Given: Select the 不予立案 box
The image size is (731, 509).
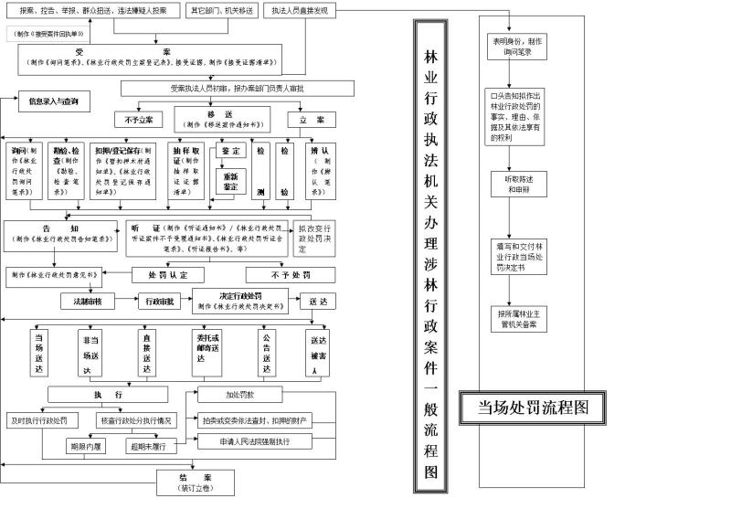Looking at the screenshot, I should point(139,120).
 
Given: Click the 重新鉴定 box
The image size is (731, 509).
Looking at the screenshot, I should point(230,180).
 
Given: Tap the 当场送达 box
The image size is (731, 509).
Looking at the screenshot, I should point(38,352).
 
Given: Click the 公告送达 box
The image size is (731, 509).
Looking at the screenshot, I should point(267,352).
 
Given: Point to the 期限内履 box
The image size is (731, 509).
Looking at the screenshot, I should point(88,447).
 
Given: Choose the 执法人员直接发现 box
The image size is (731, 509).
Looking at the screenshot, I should point(299,11).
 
